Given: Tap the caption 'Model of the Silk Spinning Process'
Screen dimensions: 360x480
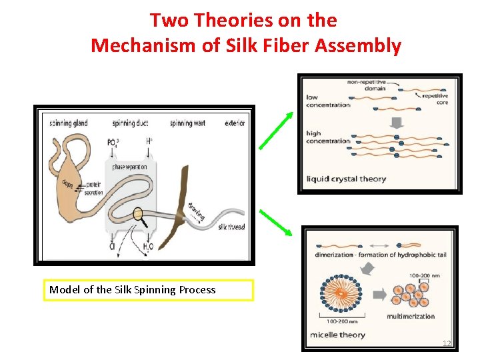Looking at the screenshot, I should pyautogui.click(x=133, y=289).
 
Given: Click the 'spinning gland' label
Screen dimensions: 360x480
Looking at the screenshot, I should pyautogui.click(x=68, y=123).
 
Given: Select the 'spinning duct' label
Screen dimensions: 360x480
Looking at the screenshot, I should pyautogui.click(x=131, y=123).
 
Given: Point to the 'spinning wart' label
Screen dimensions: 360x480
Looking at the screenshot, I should pyautogui.click(x=191, y=123).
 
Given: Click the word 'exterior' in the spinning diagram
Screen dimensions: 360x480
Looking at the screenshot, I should pyautogui.click(x=235, y=123).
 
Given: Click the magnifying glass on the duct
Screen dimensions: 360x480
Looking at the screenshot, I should pyautogui.click(x=140, y=215).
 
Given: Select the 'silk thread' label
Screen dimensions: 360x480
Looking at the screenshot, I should pyautogui.click(x=231, y=227).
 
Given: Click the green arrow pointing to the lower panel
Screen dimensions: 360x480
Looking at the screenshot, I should pyautogui.click(x=275, y=223).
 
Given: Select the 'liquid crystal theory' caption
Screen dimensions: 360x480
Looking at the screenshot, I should pyautogui.click(x=346, y=179).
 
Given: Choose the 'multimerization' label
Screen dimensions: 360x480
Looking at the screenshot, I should pyautogui.click(x=410, y=316).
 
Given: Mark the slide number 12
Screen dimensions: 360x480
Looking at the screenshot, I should pyautogui.click(x=447, y=343).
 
